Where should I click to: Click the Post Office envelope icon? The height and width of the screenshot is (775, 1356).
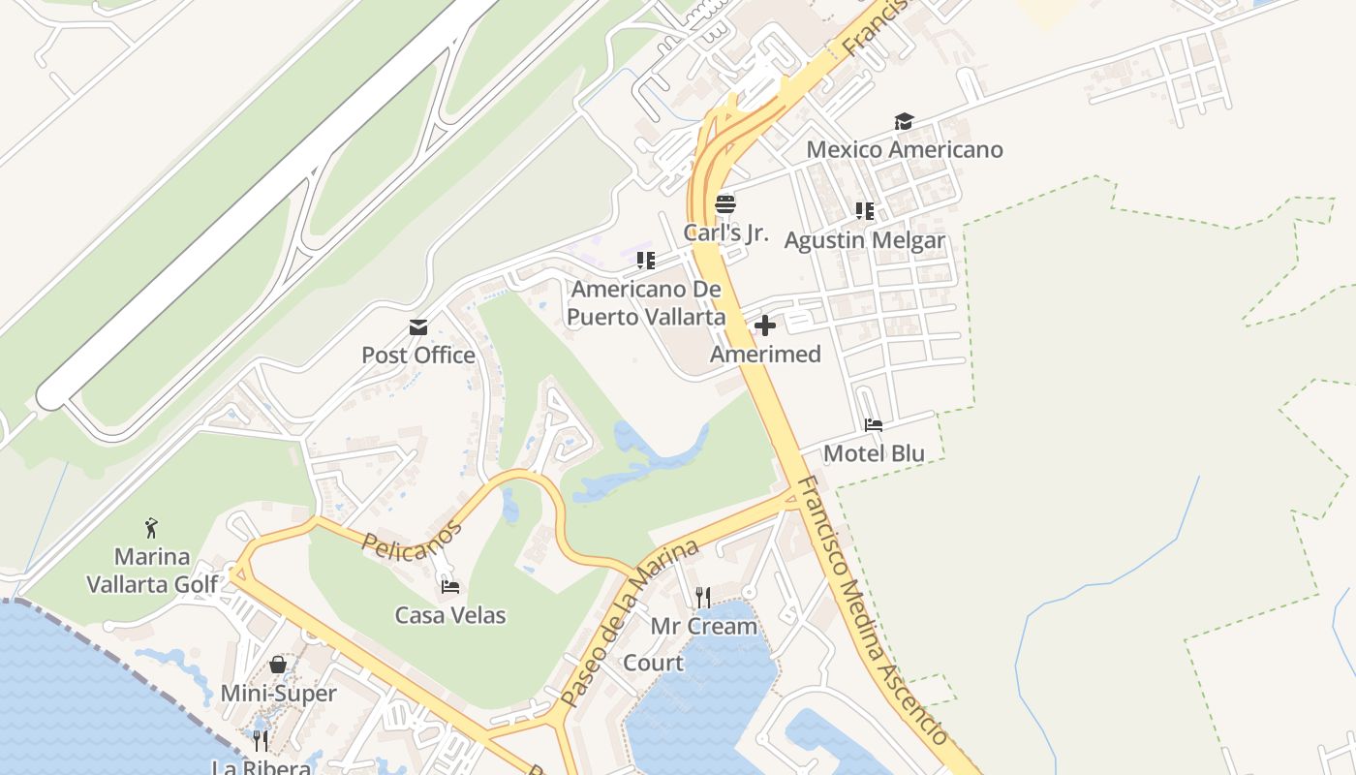(418, 327)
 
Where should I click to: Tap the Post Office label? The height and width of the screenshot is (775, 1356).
(418, 356)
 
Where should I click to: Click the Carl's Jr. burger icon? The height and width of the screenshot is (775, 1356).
(725, 204)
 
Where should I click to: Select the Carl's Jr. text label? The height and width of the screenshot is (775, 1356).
(725, 232)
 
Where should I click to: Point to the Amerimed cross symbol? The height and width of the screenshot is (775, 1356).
(765, 325)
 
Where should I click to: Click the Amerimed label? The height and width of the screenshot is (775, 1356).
(765, 354)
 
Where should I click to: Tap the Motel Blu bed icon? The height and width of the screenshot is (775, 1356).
(874, 425)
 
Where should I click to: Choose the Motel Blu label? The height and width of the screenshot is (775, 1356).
(874, 453)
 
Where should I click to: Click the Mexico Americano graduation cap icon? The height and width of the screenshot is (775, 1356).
(904, 121)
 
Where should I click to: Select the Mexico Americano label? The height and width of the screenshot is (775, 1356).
(905, 149)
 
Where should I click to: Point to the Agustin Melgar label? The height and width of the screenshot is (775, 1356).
(864, 239)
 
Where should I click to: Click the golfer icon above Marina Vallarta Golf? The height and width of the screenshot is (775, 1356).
(151, 528)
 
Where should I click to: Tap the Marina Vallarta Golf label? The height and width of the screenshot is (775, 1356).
(152, 571)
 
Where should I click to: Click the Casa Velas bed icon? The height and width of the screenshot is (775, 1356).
(449, 586)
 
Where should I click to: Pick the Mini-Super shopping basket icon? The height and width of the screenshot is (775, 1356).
(278, 665)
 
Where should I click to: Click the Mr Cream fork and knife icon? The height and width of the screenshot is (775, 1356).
(703, 597)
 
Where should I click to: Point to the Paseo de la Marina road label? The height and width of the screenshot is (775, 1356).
(630, 622)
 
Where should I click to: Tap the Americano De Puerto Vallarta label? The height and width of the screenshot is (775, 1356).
(646, 302)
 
